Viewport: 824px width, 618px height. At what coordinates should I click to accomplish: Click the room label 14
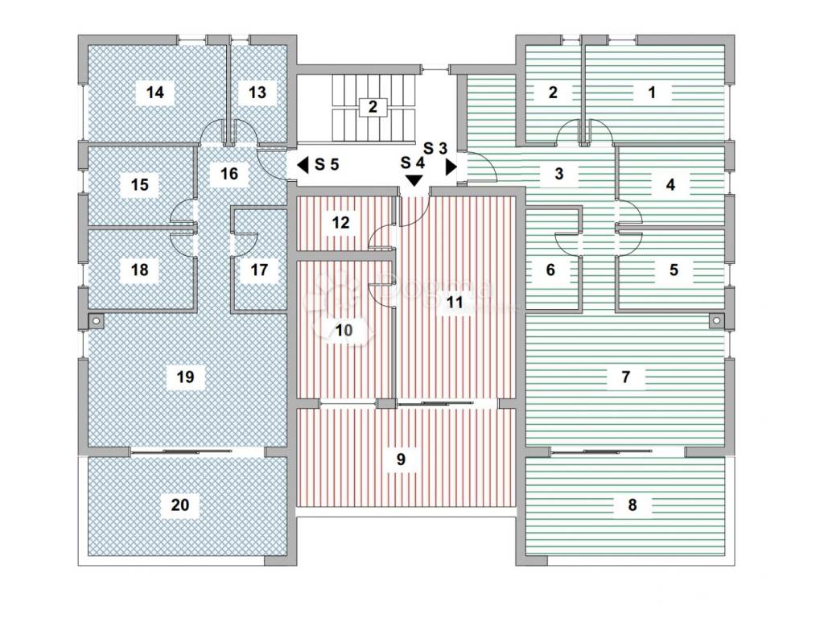[155, 93]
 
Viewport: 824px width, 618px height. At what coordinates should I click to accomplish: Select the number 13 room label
[257, 93]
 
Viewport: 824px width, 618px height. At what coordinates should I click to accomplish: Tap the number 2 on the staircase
[372, 106]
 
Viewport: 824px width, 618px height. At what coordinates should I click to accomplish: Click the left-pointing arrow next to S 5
[303, 165]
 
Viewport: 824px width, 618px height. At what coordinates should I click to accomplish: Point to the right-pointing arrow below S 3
[451, 166]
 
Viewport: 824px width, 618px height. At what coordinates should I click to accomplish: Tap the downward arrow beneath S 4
[414, 181]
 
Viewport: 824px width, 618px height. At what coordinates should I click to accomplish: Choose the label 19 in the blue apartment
[185, 377]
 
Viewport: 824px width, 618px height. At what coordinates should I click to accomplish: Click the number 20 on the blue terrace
[181, 505]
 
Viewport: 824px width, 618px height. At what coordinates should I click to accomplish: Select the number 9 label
[401, 459]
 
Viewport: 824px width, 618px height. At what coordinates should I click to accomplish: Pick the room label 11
[455, 303]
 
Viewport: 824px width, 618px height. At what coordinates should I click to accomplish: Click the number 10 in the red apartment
[344, 330]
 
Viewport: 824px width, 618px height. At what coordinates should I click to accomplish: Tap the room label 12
[341, 223]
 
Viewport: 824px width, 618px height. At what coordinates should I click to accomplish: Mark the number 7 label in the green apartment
[627, 376]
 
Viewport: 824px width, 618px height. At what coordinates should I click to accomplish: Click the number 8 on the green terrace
[632, 505]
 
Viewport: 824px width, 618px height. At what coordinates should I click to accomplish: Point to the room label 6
[550, 270]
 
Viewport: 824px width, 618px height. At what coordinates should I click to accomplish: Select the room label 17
[258, 270]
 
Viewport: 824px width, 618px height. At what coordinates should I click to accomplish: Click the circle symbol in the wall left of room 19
[96, 321]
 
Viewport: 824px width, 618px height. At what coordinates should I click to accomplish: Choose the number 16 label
[229, 174]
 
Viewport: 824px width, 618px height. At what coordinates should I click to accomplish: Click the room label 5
[674, 270]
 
